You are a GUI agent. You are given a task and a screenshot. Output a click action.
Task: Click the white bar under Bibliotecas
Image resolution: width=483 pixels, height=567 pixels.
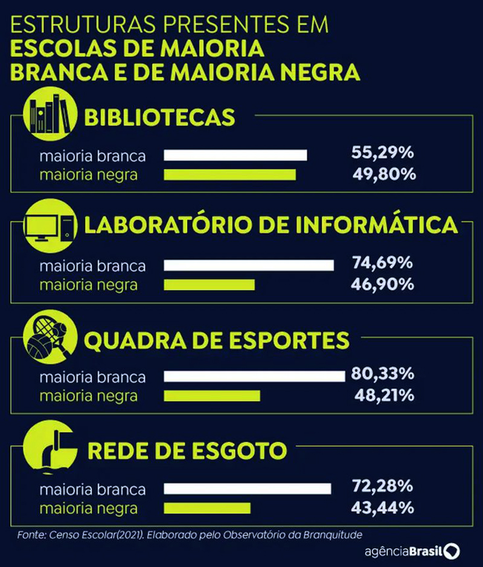pyautogui.click(x=235, y=155)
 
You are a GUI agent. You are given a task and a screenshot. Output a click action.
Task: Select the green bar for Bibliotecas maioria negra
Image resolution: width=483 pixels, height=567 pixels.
pyautogui.click(x=230, y=175)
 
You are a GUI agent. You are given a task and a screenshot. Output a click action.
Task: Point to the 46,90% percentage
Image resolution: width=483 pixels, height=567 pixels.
pyautogui.click(x=382, y=283)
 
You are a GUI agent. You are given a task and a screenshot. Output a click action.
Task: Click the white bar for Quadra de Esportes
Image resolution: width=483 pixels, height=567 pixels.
pyautogui.click(x=254, y=377)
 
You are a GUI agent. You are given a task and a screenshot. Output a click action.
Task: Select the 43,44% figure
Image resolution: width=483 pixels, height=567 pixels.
pyautogui.click(x=382, y=508)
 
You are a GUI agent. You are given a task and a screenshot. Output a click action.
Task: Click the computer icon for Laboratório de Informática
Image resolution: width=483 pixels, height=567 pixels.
pyautogui.click(x=52, y=227)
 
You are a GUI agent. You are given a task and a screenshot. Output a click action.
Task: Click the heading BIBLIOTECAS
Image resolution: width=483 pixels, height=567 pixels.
pyautogui.click(x=159, y=117)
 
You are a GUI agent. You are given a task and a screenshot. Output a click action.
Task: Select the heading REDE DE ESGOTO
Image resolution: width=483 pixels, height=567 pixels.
pyautogui.click(x=187, y=451)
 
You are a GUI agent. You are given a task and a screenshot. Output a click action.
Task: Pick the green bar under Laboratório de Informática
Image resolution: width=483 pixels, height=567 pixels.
pyautogui.click(x=210, y=285)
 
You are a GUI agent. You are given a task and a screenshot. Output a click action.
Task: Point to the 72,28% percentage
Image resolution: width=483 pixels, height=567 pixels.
pyautogui.click(x=382, y=487)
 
